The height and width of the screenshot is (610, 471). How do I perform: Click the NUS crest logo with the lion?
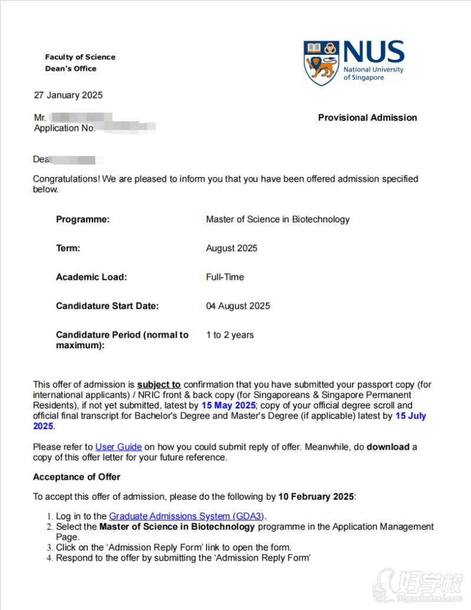pyautogui.click(x=321, y=63)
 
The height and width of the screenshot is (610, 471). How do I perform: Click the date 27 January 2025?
pyautogui.click(x=68, y=95)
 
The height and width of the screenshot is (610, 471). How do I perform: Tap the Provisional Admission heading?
pyautogui.click(x=367, y=117)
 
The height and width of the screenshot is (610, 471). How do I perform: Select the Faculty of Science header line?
pyautogui.click(x=80, y=57)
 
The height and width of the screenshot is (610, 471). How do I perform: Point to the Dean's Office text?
pyautogui.click(x=71, y=68)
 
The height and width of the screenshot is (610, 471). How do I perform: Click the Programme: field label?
pyautogui.click(x=82, y=219)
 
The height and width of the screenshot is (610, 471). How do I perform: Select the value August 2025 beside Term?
pyautogui.click(x=231, y=248)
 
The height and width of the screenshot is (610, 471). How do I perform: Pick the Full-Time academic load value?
pyautogui.click(x=225, y=277)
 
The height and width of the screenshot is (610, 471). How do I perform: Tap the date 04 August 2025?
pyautogui.click(x=238, y=306)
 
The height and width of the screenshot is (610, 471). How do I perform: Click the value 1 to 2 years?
pyautogui.click(x=230, y=335)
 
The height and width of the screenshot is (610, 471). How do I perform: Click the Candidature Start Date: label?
pyautogui.click(x=107, y=306)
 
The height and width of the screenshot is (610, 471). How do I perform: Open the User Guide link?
pyautogui.click(x=118, y=447)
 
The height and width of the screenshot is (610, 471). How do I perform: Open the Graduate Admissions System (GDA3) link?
pyautogui.click(x=187, y=516)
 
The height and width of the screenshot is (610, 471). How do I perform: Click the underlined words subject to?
pyautogui.click(x=159, y=384)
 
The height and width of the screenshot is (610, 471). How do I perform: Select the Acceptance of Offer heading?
pyautogui.click(x=77, y=476)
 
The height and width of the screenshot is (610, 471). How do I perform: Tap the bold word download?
pyautogui.click(x=387, y=447)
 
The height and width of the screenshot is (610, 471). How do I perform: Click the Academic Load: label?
pyautogui.click(x=91, y=277)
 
